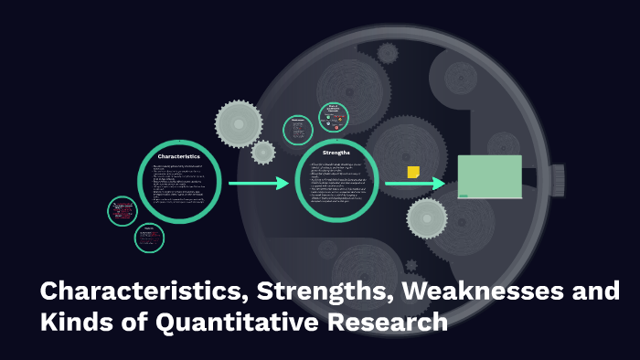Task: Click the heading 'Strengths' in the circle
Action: [x=336, y=153]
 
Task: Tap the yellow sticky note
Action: [x=413, y=172]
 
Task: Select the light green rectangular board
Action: [x=490, y=175]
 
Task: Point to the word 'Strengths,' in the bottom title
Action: [x=298, y=293]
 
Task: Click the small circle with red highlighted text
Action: [x=122, y=211]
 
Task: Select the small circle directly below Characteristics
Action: [x=149, y=238]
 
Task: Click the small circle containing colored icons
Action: [x=334, y=116]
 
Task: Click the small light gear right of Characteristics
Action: [x=263, y=152]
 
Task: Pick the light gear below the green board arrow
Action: [x=426, y=218]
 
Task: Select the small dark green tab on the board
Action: [x=463, y=194]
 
